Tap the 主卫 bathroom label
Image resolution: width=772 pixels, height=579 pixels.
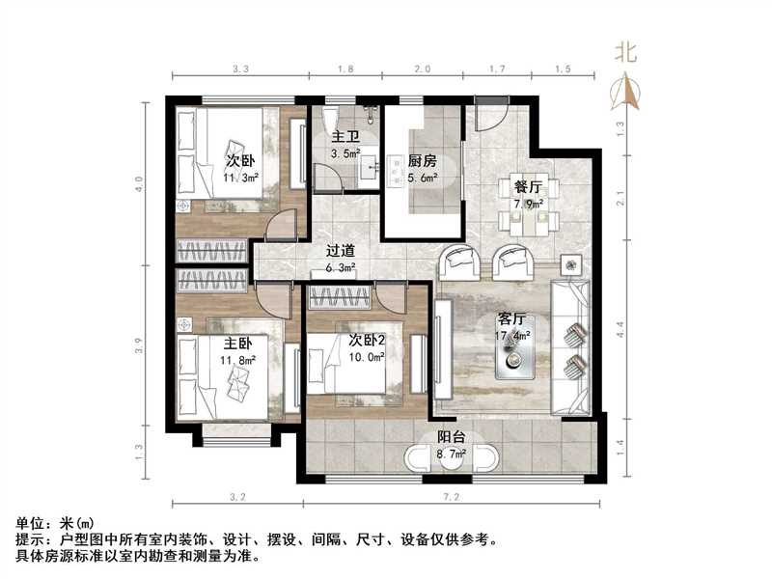(345, 138)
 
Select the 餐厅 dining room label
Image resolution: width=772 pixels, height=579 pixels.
(527, 186)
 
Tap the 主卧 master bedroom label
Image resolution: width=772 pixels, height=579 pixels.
(238, 344)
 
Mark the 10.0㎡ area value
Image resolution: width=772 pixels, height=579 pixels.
(368, 356)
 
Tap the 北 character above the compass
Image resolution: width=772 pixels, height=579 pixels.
(627, 54)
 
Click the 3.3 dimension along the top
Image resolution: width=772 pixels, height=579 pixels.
(242, 69)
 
